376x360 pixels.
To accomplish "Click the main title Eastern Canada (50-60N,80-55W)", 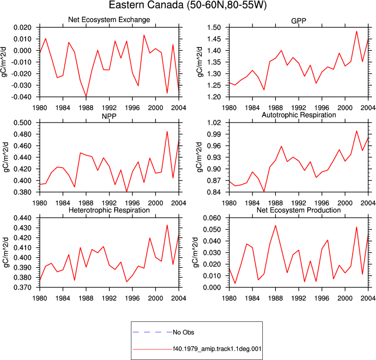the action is point(188,5).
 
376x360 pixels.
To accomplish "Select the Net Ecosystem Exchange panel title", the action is point(109,19).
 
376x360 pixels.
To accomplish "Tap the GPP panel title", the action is point(298,21).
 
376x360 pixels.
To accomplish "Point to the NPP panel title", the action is point(109,116).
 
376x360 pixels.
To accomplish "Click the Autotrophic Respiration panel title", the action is point(299,115).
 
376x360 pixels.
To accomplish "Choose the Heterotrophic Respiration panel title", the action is point(109,210).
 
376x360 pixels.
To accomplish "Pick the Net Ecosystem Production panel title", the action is point(299,210).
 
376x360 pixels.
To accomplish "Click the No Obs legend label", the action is point(184,332).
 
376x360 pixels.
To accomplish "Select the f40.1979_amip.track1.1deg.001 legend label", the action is point(217,349).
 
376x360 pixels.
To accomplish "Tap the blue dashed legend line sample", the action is point(152,332).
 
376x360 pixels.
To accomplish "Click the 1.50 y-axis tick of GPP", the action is point(214,27).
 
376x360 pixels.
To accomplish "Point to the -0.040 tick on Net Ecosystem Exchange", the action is point(22,97).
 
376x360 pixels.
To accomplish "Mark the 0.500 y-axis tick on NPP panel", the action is point(22,123).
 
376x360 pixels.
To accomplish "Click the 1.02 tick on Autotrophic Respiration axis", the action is point(214,123).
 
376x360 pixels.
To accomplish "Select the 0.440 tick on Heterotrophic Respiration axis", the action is point(22,218).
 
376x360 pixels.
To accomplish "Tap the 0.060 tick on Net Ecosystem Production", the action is point(212,218).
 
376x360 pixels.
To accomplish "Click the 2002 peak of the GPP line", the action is point(357,31).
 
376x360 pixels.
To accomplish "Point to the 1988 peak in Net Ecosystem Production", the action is point(275,225).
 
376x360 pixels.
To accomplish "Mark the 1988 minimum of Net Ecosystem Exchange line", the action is point(86,96).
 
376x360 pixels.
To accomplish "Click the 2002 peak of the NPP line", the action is point(167,131).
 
